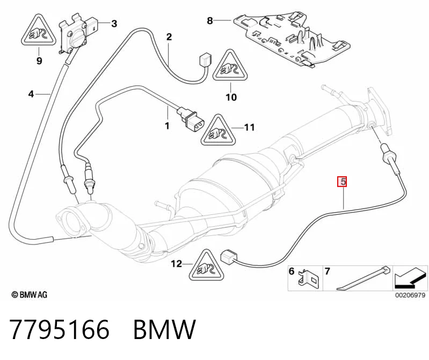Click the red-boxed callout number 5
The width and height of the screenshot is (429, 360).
[342, 182]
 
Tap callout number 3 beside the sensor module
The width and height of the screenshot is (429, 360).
[114, 24]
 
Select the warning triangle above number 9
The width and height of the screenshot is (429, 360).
[39, 30]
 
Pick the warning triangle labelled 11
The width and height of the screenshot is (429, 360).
[218, 130]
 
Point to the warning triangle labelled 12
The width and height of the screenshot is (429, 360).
[206, 265]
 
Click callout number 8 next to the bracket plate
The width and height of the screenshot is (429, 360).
[210, 20]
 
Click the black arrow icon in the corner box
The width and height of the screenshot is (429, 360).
[410, 278]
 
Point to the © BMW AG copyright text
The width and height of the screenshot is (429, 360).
[30, 294]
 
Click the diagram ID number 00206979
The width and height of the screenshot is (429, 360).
[410, 295]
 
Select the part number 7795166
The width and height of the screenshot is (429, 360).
[60, 329]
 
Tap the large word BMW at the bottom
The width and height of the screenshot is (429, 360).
[164, 329]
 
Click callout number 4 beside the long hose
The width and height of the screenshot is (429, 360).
[31, 94]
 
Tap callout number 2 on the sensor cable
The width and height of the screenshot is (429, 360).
[169, 37]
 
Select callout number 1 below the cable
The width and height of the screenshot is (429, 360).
[167, 126]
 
